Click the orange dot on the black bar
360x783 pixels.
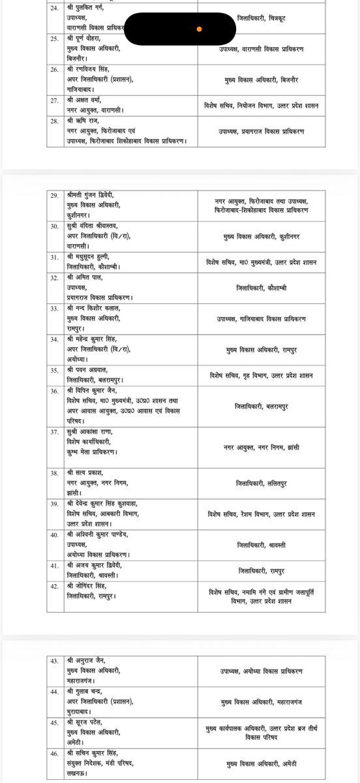click(x=199, y=29)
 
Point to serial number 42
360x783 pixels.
click(x=55, y=585)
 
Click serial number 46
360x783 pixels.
click(x=55, y=748)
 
